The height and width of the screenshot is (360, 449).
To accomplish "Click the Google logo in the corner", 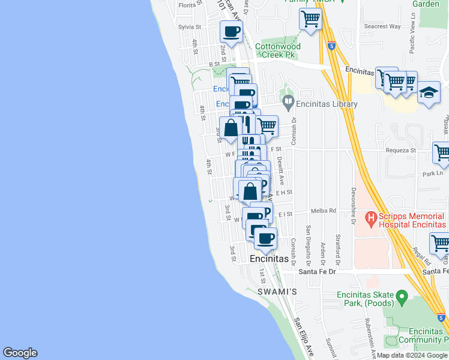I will pyautogui.click(x=20, y=353).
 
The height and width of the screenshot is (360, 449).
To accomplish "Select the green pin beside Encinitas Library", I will pyautogui.click(x=288, y=103).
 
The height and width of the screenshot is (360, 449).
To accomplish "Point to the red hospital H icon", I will pyautogui.click(x=370, y=217).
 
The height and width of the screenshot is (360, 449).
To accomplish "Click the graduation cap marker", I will pyautogui.click(x=429, y=93).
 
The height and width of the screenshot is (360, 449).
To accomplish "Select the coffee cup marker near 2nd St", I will pyautogui.click(x=231, y=31).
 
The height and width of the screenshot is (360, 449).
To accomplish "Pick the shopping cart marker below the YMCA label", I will pyautogui.click(x=310, y=18).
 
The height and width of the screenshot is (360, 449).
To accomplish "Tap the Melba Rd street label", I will pyautogui.click(x=323, y=211).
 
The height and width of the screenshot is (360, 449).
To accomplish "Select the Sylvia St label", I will pyautogui.click(x=189, y=27).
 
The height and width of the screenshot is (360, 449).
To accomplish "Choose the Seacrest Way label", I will pyautogui.click(x=383, y=26).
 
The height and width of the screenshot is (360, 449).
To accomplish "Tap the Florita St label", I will pyautogui.click(x=188, y=5).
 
